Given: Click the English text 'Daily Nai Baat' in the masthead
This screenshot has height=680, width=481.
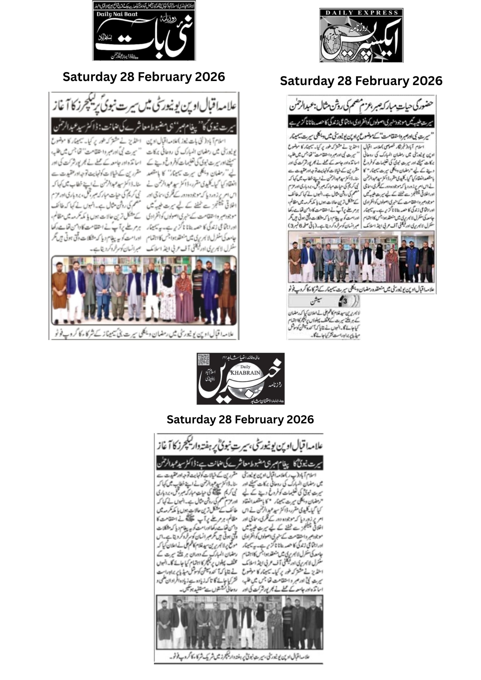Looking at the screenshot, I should pos(117,14).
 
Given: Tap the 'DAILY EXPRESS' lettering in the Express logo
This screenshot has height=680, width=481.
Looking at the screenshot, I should pos(361,13).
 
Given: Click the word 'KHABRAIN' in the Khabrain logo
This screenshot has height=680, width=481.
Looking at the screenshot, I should pos(245,373).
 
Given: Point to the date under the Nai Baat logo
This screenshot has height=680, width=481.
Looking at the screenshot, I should pos(144,77).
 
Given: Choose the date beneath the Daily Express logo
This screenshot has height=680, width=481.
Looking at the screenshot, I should pos(361,81).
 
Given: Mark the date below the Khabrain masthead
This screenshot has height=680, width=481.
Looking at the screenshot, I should pos(240,419).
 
